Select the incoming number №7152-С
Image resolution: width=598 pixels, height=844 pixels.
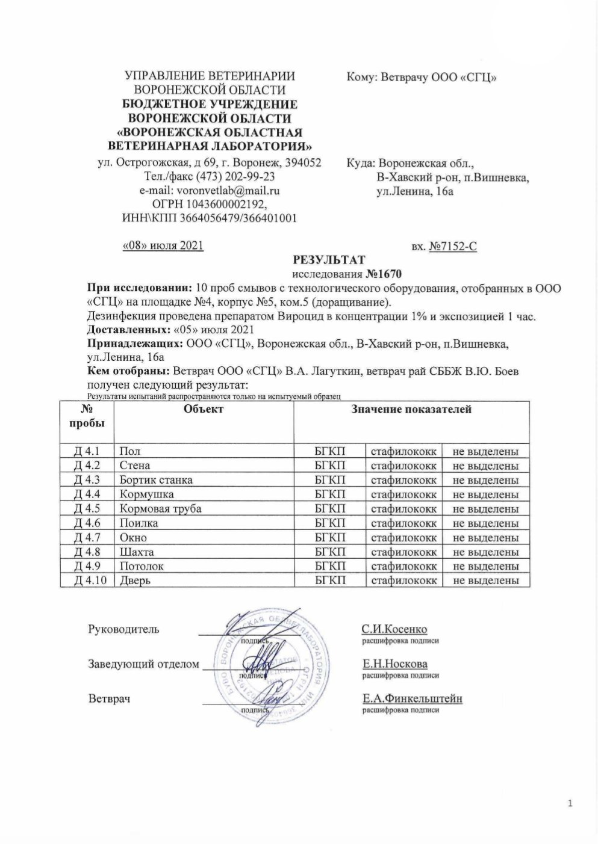pyautogui.click(x=453, y=246)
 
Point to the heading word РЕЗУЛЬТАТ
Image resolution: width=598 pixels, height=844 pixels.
pyautogui.click(x=328, y=260)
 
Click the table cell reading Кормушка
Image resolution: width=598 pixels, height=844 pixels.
pyautogui.click(x=147, y=494)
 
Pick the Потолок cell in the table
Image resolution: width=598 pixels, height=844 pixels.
pyautogui.click(x=142, y=566)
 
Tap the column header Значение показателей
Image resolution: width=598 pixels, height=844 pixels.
pyautogui.click(x=411, y=410)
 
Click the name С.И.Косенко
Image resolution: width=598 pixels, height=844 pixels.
pyautogui.click(x=394, y=629)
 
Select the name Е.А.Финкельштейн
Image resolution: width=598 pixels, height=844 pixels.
pyautogui.click(x=412, y=698)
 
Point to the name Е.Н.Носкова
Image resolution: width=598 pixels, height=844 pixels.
pyautogui.click(x=395, y=664)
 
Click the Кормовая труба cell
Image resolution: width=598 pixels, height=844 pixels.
pyautogui.click(x=160, y=509)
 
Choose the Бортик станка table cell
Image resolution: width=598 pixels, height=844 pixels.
pyautogui.click(x=156, y=480)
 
